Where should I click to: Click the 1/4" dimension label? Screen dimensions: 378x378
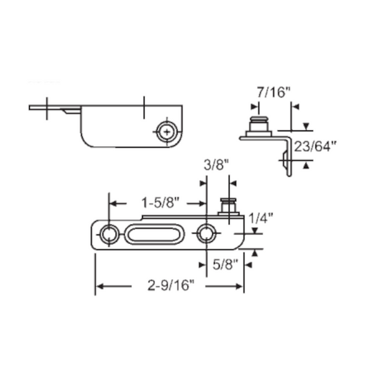[261, 219]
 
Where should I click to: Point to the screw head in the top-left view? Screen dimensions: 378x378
[166, 132]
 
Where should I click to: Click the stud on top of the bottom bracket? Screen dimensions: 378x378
[227, 206]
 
